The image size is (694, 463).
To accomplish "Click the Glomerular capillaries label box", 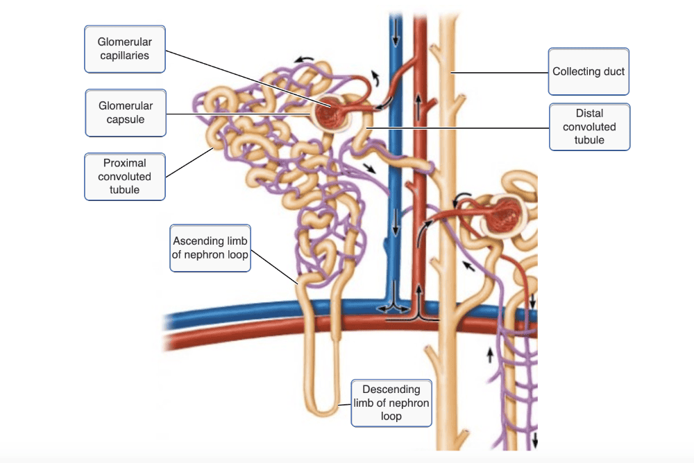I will coord(125,49).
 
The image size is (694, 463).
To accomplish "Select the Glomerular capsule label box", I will coord(126,113).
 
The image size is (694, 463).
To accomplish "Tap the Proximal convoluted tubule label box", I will coord(125,176).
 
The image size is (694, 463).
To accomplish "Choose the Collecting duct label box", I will coord(589,71).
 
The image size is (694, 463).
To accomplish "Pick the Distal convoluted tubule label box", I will coord(589,127).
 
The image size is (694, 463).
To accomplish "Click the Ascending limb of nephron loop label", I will coord(210,247).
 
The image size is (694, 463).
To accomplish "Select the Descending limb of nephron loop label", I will coord(391,403).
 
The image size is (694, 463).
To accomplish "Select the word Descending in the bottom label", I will coord(391,390).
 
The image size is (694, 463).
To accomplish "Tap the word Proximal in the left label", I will coord(125,163).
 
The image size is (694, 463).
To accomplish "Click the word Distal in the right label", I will coord(589,113).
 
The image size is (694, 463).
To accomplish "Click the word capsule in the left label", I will coord(126,119).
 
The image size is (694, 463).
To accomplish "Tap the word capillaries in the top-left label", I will coord(125,55).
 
